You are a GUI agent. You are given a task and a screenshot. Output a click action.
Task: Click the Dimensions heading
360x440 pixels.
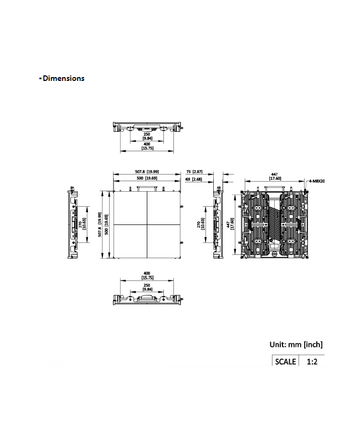click(x=62, y=78)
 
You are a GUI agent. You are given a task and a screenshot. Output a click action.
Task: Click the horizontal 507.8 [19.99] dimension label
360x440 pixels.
click(x=147, y=173)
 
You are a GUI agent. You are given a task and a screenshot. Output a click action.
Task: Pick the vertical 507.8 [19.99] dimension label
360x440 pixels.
click(x=100, y=225)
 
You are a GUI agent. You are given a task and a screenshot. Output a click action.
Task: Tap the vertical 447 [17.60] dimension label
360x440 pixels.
click(x=232, y=225)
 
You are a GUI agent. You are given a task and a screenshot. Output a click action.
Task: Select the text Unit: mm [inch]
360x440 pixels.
click(x=296, y=345)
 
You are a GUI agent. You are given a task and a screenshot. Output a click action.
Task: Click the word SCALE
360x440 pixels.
click(x=285, y=362)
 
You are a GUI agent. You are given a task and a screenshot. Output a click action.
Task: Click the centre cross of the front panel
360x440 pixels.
click(x=147, y=224)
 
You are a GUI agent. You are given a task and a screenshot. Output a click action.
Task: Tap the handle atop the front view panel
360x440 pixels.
click(x=147, y=188)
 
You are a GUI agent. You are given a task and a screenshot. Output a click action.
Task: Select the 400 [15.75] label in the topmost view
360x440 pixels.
click(x=147, y=146)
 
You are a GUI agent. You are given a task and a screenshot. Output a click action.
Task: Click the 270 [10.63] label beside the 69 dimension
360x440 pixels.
click(x=201, y=225)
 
